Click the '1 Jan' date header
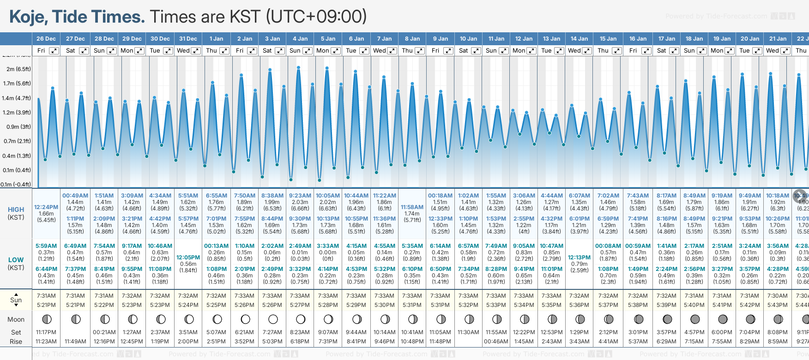(x=216, y=39)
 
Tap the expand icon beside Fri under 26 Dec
(x=54, y=51)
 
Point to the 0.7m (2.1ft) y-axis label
(x=16, y=141)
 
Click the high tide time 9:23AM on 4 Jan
(x=300, y=196)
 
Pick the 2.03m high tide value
(x=300, y=202)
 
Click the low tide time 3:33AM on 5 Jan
(x=328, y=246)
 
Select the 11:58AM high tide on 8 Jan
(x=412, y=207)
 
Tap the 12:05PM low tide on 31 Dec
(x=188, y=258)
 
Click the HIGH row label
(x=16, y=210)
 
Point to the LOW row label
(x=16, y=260)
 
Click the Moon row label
(x=16, y=319)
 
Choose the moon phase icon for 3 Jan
(x=273, y=319)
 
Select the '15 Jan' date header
(x=608, y=39)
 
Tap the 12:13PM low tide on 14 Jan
(x=579, y=258)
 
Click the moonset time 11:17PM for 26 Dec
(x=46, y=332)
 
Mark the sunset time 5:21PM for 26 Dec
(x=46, y=305)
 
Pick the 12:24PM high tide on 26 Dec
(x=46, y=207)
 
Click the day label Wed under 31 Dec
(x=183, y=51)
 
